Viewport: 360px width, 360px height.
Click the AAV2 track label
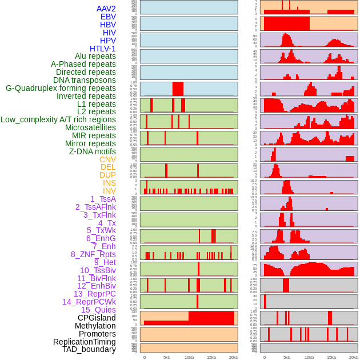point(106,9)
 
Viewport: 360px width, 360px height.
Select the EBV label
point(108,17)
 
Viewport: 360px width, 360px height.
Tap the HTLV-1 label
point(103,49)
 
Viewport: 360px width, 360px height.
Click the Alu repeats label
point(95,57)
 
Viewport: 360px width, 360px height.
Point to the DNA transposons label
point(85,80)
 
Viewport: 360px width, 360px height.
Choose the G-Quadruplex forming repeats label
point(61,88)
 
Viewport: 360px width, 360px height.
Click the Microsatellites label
point(90,128)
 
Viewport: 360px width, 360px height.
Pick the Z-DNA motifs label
point(93,151)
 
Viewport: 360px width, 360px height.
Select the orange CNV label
point(107,159)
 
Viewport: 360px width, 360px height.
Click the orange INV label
point(109,191)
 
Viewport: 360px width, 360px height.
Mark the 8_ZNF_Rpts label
point(93,254)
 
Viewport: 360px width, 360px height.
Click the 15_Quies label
point(98,310)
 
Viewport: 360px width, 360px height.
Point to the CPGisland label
point(97,318)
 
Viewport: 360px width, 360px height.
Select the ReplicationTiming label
point(85,342)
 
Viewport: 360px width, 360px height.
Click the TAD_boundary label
point(89,349)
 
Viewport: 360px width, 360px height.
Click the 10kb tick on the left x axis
point(189,357)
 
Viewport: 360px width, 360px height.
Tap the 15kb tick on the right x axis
point(331,357)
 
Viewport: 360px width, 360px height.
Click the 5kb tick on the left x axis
point(167,357)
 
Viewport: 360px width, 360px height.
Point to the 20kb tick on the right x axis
point(354,357)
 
